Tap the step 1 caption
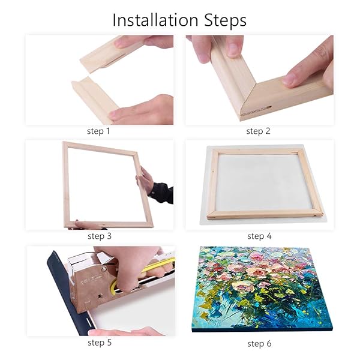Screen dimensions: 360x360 pos(100,130)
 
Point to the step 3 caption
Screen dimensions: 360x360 pos(100,236)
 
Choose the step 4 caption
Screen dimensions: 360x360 pos(259,236)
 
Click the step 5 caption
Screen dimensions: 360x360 pos(100,343)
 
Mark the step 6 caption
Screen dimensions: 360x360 pos(259,343)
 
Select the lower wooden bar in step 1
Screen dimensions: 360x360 pos(96,99)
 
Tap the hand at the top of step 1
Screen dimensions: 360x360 pos(144,42)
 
